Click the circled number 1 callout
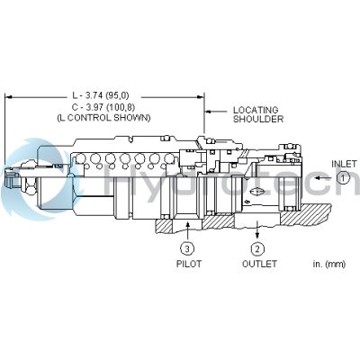343,178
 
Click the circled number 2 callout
256,248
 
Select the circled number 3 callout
185,248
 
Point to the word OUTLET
258,264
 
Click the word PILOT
188,264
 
